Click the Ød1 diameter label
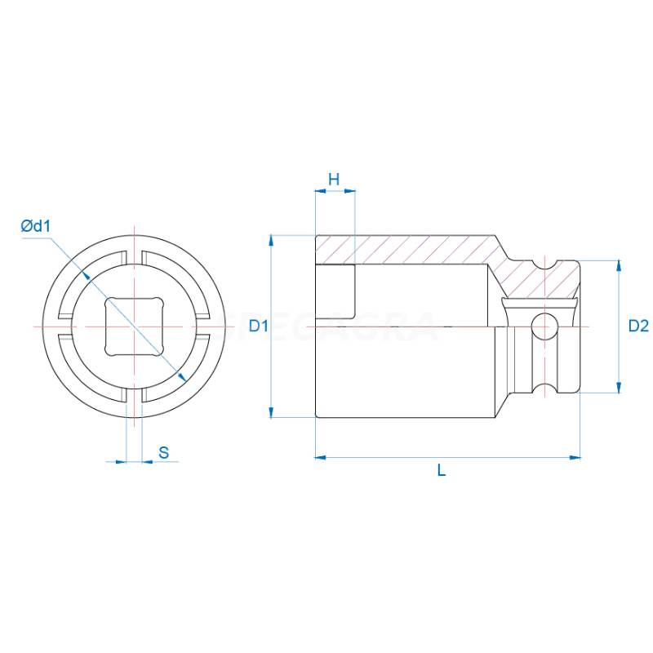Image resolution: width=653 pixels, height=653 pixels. point(36,226)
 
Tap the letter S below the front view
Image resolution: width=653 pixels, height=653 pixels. point(164,452)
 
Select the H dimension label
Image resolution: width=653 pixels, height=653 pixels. point(334,179)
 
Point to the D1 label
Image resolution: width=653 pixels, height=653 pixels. point(259,326)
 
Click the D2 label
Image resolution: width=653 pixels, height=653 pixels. point(637,326)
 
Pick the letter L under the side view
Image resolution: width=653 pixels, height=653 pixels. point(442,471)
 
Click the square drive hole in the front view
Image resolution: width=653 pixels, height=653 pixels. point(134,326)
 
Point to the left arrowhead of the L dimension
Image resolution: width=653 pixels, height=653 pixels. point(321,457)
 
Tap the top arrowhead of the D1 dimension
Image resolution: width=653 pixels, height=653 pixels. point(270,241)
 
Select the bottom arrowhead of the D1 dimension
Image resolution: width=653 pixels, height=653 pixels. point(270,412)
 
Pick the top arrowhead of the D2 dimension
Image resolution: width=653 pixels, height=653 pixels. point(619,266)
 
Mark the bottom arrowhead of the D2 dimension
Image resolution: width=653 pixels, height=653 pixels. point(619,387)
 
